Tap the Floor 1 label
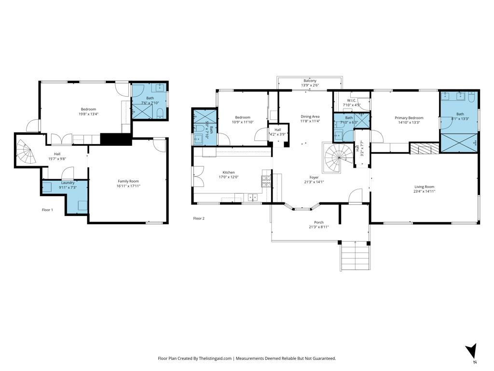[47, 210]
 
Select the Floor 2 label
[199, 218]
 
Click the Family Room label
[128, 181]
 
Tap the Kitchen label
[228, 172]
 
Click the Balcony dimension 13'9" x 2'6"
[310, 86]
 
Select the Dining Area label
[310, 116]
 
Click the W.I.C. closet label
[351, 100]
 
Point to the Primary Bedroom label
[409, 118]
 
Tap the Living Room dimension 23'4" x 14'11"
[425, 191]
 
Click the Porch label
[319, 222]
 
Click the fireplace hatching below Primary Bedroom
[425, 148]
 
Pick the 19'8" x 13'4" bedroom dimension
[88, 114]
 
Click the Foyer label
[314, 177]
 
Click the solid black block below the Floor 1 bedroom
[116, 139]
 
